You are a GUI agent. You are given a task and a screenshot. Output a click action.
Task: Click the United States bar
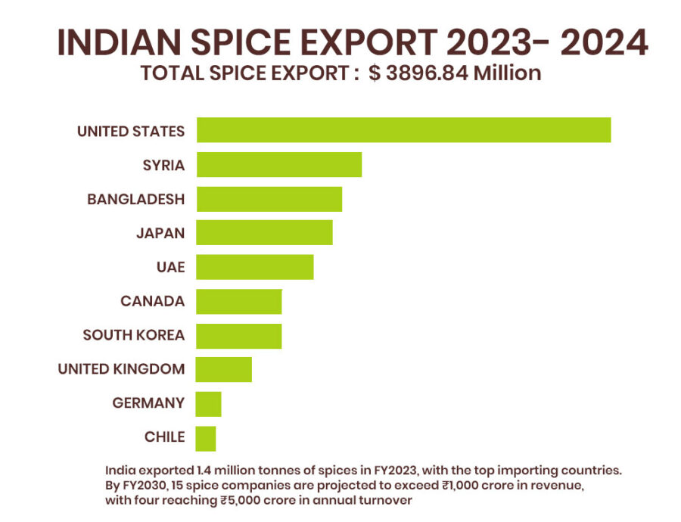[x=403, y=130]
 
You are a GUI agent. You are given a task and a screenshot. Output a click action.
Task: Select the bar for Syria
[x=278, y=164]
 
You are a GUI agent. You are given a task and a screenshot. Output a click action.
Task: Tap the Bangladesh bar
[x=269, y=199]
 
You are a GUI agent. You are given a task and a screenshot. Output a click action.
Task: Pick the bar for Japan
[x=264, y=232]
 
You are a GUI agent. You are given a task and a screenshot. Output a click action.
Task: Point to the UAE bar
[x=254, y=267]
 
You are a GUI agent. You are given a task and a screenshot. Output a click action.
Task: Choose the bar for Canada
[x=238, y=301]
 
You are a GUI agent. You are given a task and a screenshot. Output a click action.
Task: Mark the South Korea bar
[x=238, y=335]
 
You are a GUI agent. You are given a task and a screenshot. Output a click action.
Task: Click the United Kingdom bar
[x=223, y=369]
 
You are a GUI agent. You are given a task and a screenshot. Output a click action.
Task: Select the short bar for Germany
[x=208, y=403]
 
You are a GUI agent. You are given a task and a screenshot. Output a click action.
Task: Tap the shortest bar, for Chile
[x=205, y=438]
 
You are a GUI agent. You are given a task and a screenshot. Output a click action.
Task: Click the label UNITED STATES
[x=131, y=131]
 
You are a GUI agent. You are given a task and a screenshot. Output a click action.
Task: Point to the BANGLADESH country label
[x=135, y=200]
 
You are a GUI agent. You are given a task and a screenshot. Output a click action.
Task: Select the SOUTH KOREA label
[x=133, y=335]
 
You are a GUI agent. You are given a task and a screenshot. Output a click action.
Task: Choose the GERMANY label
[x=148, y=403]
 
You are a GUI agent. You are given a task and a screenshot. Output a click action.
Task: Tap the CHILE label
[x=164, y=437]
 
